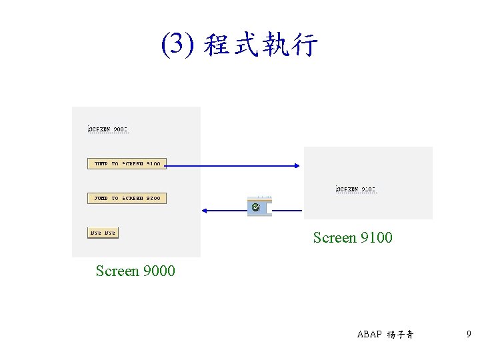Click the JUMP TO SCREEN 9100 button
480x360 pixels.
pyautogui.click(x=127, y=163)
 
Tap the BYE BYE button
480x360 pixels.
pyautogui.click(x=103, y=233)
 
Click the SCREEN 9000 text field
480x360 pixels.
pyautogui.click(x=108, y=129)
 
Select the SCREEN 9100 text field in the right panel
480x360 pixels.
pyautogui.click(x=356, y=189)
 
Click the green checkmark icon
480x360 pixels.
pyautogui.click(x=256, y=209)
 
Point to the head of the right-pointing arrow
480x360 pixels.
pyautogui.click(x=299, y=164)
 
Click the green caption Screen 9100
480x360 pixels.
pyautogui.click(x=353, y=237)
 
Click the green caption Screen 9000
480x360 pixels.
pyautogui.click(x=135, y=271)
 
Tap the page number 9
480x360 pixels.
pyautogui.click(x=469, y=334)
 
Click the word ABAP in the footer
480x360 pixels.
pyautogui.click(x=369, y=335)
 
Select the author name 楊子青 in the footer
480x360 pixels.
pyautogui.click(x=400, y=335)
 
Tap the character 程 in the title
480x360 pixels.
pyautogui.click(x=217, y=45)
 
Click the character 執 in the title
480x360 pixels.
pyautogui.click(x=275, y=45)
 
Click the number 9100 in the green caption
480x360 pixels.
pyautogui.click(x=376, y=237)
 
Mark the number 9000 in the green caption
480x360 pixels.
pyautogui.click(x=159, y=271)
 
